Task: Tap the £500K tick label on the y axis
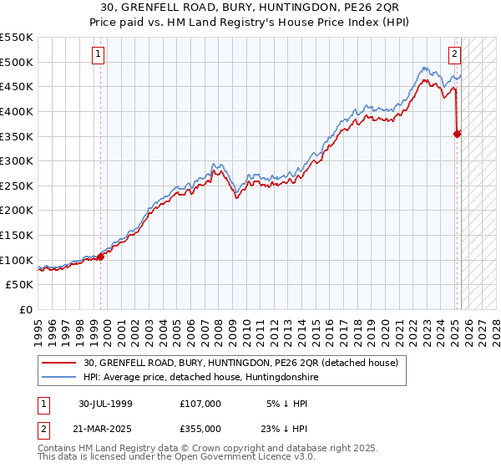(17, 62)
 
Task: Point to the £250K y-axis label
(17, 186)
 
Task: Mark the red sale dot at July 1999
(101, 257)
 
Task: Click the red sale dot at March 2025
(458, 134)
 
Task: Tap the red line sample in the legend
(60, 363)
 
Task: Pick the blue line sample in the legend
(60, 378)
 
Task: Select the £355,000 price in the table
(200, 428)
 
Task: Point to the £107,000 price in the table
(200, 403)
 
